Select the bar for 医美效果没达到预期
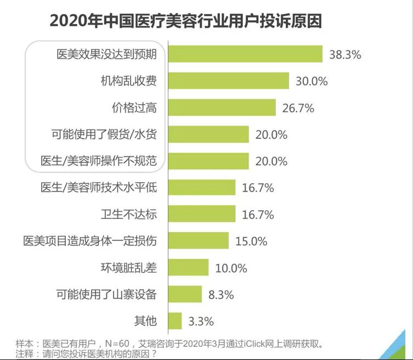(245, 54)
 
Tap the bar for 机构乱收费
(228, 81)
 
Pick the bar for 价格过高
(222, 108)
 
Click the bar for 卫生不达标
(201, 214)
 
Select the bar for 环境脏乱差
(188, 267)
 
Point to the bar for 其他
(174, 320)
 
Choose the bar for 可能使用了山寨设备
(184, 294)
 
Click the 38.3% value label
(345, 55)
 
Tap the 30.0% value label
(312, 81)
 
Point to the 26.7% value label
(298, 108)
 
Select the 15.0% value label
(251, 241)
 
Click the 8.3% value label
(221, 295)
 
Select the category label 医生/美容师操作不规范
(99, 161)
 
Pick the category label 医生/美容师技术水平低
(99, 188)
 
